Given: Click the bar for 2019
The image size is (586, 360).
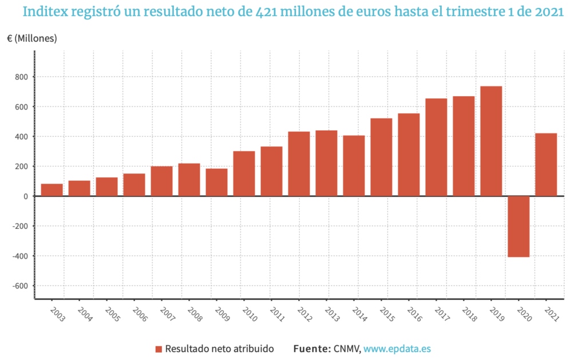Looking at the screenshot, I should (491, 141).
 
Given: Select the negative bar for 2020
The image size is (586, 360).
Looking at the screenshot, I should (518, 227).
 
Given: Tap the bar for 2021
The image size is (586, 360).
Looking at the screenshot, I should (546, 165).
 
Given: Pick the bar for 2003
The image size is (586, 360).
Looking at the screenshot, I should (52, 190).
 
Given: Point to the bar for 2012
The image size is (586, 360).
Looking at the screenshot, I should (299, 164).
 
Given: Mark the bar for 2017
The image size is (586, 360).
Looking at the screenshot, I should (436, 147).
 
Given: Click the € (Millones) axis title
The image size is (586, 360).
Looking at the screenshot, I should (32, 38).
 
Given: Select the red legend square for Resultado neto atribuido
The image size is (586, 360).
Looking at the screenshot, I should (159, 349).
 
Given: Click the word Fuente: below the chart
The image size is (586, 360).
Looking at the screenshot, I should (312, 349).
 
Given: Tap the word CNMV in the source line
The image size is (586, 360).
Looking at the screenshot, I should (346, 349).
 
